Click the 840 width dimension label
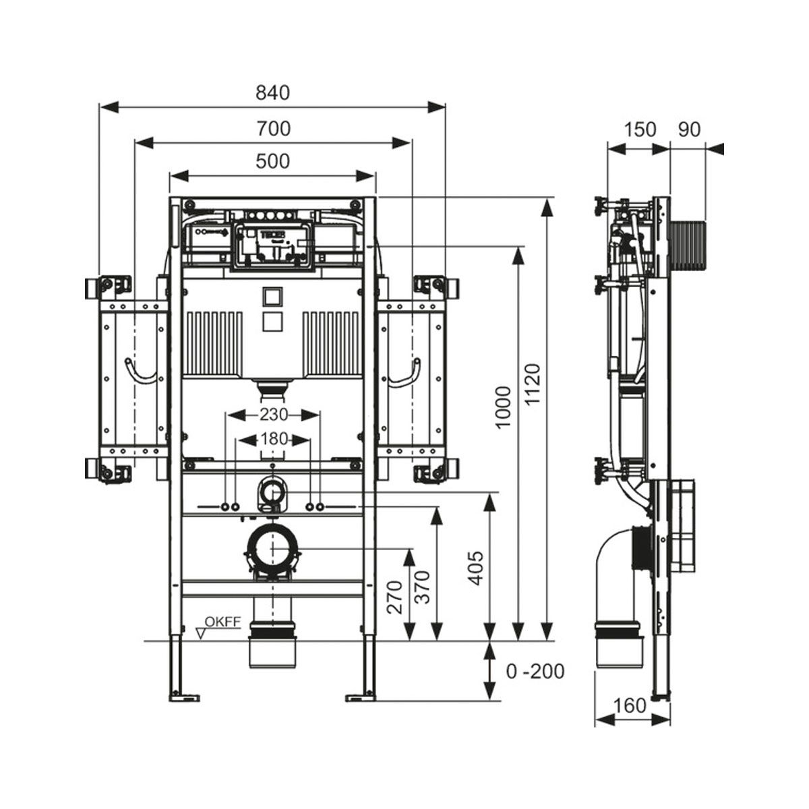pos(273,93)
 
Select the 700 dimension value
pos(273,129)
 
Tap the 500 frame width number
pos(273,161)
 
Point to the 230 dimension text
pos(273,415)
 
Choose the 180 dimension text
pos(274,439)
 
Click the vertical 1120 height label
pos(533,384)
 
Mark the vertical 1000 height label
pos(503,407)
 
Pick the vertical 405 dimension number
pos(476,568)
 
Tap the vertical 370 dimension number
pos(422,587)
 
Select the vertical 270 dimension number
pos(394,597)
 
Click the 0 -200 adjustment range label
pos(535,671)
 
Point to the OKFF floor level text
pos(222,622)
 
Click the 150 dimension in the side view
pos(639,129)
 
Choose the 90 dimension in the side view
pos(689,129)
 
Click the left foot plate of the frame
pos(185,698)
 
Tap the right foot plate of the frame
pos(361,698)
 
